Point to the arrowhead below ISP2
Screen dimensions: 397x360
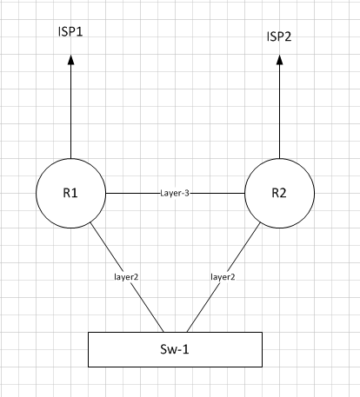tap(279, 62)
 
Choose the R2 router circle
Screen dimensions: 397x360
tap(279, 192)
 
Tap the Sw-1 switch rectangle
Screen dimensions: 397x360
tap(176, 348)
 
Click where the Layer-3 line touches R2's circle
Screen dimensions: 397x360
tap(245, 192)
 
